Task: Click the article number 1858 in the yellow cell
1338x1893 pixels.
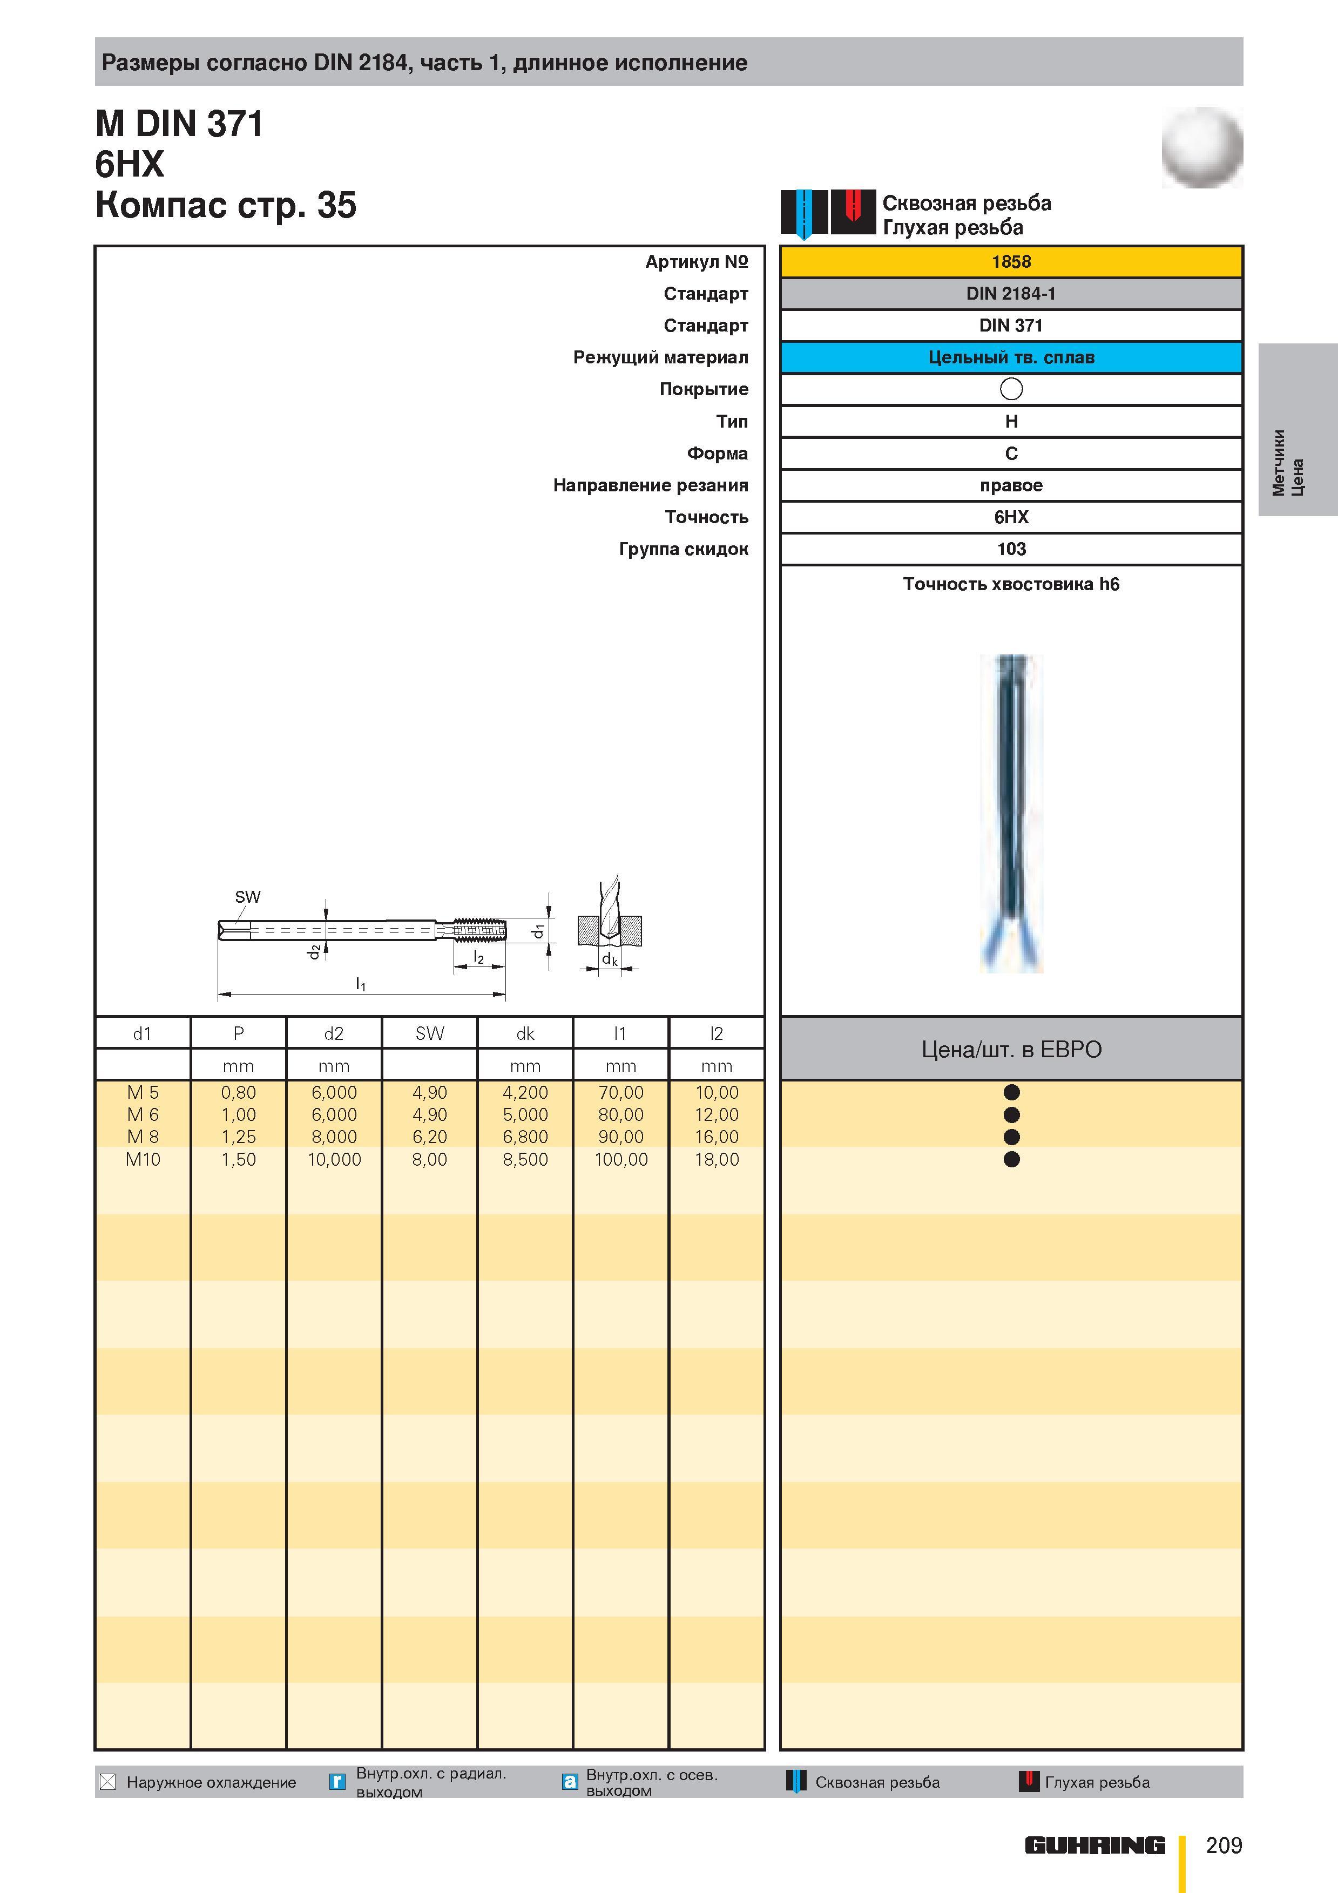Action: click(1011, 261)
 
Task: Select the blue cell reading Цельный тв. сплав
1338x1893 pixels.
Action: click(1011, 357)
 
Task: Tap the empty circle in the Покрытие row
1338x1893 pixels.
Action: click(1011, 388)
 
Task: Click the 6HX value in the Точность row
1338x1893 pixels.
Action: click(1011, 517)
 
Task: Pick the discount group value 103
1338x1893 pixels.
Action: click(1011, 549)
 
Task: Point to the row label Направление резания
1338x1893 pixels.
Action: click(651, 485)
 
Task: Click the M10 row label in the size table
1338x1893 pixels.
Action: click(143, 1159)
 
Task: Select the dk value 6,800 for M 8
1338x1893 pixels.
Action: click(525, 1137)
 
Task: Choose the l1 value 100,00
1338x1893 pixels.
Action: click(621, 1159)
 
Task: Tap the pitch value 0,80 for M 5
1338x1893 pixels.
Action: click(238, 1092)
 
